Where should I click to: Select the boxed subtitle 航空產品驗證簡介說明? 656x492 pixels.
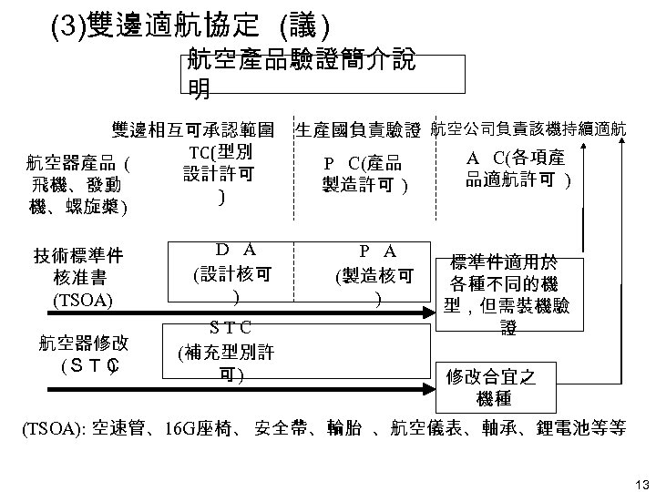click(301, 74)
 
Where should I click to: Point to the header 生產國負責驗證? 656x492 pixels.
click(358, 130)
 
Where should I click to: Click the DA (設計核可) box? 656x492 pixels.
click(235, 271)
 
